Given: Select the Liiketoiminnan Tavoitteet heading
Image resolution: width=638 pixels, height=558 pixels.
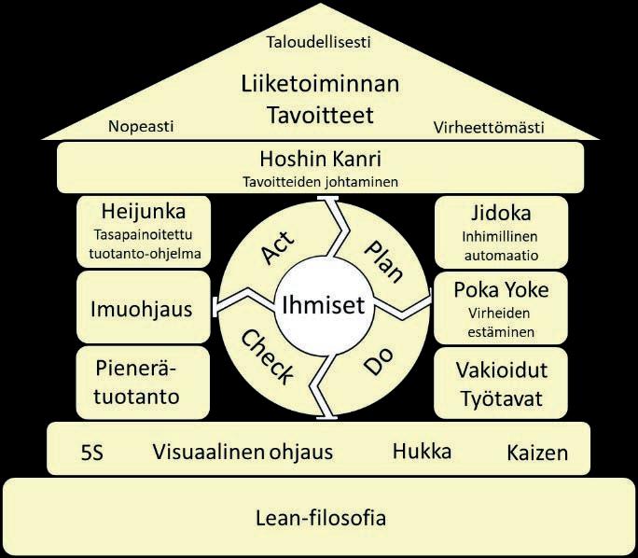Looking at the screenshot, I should [x=320, y=100].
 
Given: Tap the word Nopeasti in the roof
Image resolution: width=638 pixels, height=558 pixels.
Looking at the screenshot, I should [x=141, y=127].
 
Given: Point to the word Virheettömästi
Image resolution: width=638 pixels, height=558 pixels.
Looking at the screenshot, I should [x=490, y=127].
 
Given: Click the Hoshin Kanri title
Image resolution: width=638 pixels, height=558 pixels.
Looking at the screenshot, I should [x=320, y=160].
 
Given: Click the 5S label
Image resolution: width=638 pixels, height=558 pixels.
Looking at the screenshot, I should [x=91, y=453].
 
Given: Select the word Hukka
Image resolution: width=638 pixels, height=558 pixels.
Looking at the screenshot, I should [x=422, y=452].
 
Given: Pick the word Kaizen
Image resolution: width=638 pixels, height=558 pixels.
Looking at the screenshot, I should [x=537, y=453].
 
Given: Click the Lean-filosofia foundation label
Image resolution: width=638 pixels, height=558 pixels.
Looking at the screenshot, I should [x=320, y=518].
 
